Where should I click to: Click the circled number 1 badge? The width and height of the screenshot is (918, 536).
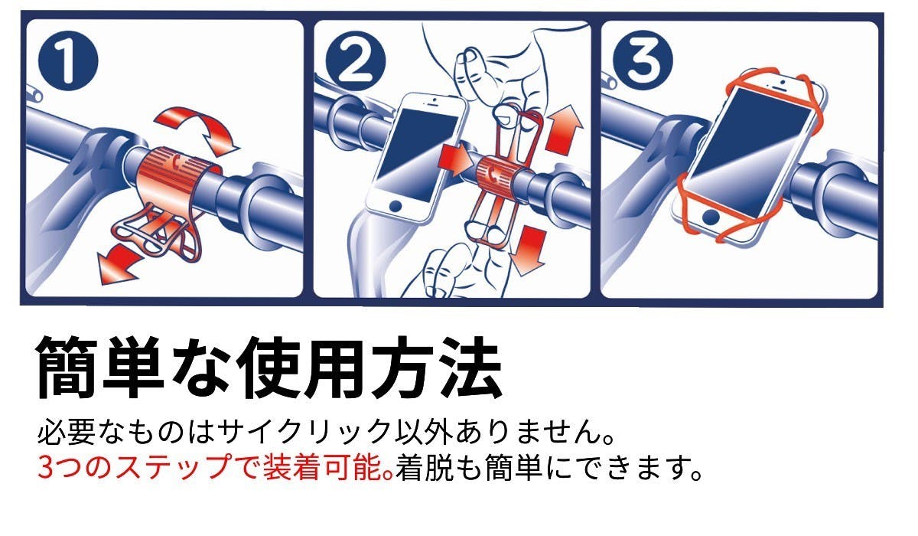(68, 60)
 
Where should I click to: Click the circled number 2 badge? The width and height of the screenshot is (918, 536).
(356, 60)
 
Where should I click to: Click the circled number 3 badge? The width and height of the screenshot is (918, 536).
(643, 60)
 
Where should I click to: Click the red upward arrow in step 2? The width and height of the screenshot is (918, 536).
(564, 129)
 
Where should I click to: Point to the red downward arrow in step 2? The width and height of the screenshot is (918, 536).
(529, 250)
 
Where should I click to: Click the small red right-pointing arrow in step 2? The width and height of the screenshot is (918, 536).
(455, 160)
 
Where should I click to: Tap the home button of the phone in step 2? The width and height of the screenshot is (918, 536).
(396, 206)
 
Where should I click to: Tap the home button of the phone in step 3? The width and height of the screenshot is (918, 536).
(711, 217)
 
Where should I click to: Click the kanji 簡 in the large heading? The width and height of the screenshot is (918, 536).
(64, 368)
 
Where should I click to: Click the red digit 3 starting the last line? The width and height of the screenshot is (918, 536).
(45, 467)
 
